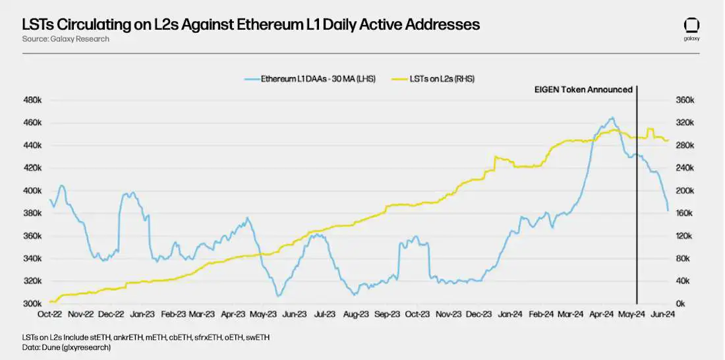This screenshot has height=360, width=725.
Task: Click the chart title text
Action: coord(250,25)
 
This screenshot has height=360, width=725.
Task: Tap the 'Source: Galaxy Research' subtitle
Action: coord(65,39)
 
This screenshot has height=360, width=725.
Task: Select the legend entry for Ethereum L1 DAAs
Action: coord(310,78)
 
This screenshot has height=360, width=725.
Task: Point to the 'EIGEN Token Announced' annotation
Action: coord(583,90)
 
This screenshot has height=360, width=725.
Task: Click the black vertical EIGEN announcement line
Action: coord(637,198)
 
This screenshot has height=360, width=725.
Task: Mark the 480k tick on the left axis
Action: coord(33,100)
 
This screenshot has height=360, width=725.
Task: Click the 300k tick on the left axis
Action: coord(33,304)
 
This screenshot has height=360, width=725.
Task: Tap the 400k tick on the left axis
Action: coord(33,191)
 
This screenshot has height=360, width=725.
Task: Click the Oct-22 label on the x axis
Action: coord(50,315)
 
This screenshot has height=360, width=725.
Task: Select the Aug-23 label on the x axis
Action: coord(356,315)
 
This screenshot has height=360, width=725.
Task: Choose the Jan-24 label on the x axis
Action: coord(510,315)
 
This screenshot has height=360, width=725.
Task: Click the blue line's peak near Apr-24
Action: coord(612,118)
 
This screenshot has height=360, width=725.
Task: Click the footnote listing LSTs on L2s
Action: coord(145,338)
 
